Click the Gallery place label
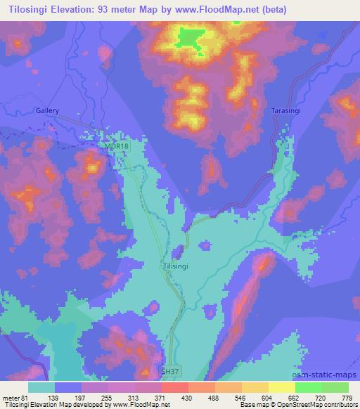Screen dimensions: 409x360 (48, 111)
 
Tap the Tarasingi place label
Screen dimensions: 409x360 (287, 111)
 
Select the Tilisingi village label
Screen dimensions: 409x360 (175, 267)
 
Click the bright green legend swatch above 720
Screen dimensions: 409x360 (308, 387)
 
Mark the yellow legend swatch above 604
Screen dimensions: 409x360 (255, 387)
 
